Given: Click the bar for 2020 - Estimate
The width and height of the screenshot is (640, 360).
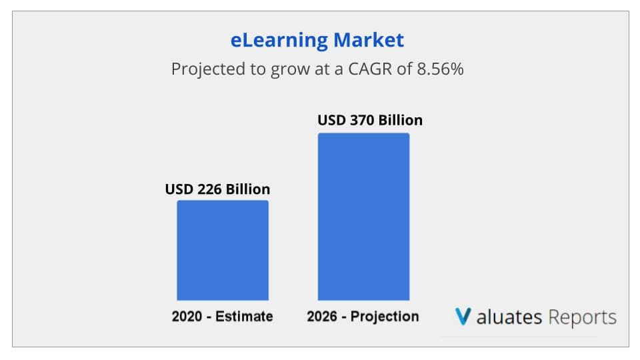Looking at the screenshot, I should [x=223, y=250].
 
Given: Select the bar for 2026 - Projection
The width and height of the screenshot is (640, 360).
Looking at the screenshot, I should [x=363, y=217].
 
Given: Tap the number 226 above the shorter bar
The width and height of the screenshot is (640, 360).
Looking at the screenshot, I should [x=211, y=189].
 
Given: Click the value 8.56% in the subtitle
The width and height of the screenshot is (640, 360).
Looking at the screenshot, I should [x=439, y=69].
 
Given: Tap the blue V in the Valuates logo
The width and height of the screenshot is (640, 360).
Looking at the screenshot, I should [x=463, y=316].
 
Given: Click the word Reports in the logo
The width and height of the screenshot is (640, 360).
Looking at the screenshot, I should [x=582, y=317].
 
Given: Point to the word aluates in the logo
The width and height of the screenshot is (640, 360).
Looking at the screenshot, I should [x=509, y=317].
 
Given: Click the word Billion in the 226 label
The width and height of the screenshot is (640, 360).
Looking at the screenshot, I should [x=247, y=189].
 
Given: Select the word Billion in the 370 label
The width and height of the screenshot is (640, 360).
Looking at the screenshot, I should [x=399, y=121].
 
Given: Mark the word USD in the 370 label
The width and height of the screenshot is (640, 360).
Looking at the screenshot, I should [x=331, y=121].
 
